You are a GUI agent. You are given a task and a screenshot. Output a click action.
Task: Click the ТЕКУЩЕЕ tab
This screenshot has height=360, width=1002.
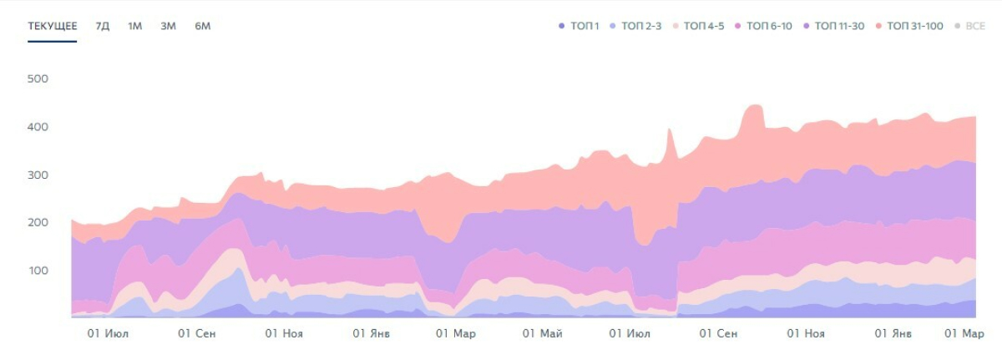pos(53,26)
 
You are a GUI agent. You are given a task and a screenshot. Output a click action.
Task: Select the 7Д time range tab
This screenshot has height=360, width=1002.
pos(103,26)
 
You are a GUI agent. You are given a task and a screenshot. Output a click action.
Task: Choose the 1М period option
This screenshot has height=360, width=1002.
pos(134,26)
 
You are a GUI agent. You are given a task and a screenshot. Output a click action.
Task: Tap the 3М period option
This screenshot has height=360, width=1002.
pos(168,26)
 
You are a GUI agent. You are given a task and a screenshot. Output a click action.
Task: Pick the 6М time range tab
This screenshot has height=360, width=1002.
pos(203,26)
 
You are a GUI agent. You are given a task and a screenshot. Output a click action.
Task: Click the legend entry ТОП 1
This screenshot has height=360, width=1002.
pos(579,26)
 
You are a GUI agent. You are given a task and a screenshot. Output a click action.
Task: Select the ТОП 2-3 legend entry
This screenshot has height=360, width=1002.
pos(635,26)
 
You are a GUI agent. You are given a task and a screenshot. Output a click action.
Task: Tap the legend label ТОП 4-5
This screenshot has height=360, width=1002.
pos(698,26)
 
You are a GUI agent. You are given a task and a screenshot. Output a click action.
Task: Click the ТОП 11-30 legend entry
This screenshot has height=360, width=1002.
pos(834,26)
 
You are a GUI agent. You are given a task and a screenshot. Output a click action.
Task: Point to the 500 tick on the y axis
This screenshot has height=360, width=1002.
pos(38,79)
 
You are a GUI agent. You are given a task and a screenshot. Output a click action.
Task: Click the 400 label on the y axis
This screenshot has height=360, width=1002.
pos(38,127)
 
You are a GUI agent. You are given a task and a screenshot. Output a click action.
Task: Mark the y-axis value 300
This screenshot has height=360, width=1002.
pos(38,175)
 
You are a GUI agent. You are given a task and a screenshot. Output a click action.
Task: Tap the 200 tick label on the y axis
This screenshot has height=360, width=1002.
pos(38,222)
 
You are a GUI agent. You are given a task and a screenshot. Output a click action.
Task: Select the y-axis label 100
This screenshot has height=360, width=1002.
pos(38,271)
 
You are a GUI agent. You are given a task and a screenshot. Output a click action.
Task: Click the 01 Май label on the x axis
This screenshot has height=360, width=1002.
pos(542,333)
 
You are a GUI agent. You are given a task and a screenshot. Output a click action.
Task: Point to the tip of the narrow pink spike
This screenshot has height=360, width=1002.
pos(669,129)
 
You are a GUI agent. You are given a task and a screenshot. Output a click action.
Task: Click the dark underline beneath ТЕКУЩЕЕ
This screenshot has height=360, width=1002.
pos(53,42)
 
